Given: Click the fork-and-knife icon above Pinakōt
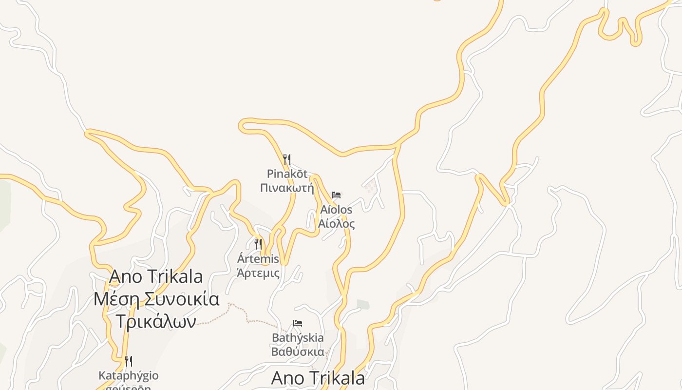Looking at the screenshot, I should (x=287, y=159).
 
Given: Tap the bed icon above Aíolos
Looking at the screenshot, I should (x=336, y=195).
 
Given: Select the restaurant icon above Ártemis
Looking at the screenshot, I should (x=258, y=244).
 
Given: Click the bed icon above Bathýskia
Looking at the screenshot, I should (x=298, y=323).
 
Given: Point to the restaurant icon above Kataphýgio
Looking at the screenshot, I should (x=129, y=361).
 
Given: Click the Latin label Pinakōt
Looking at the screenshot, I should (x=287, y=174).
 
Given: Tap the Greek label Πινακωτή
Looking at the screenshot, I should (x=287, y=188).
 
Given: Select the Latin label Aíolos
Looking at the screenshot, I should (x=336, y=210).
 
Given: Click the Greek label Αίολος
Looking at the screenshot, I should (x=336, y=224).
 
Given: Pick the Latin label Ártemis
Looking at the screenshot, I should (x=258, y=258).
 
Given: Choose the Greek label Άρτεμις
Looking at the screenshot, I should (x=258, y=273).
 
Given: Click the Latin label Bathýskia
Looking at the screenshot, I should (x=298, y=337).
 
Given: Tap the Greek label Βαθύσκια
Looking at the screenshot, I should (x=298, y=351).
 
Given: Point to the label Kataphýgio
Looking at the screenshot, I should (x=129, y=376).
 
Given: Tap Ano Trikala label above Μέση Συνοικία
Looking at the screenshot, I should (x=156, y=276).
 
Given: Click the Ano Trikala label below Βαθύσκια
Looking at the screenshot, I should (x=318, y=378).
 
